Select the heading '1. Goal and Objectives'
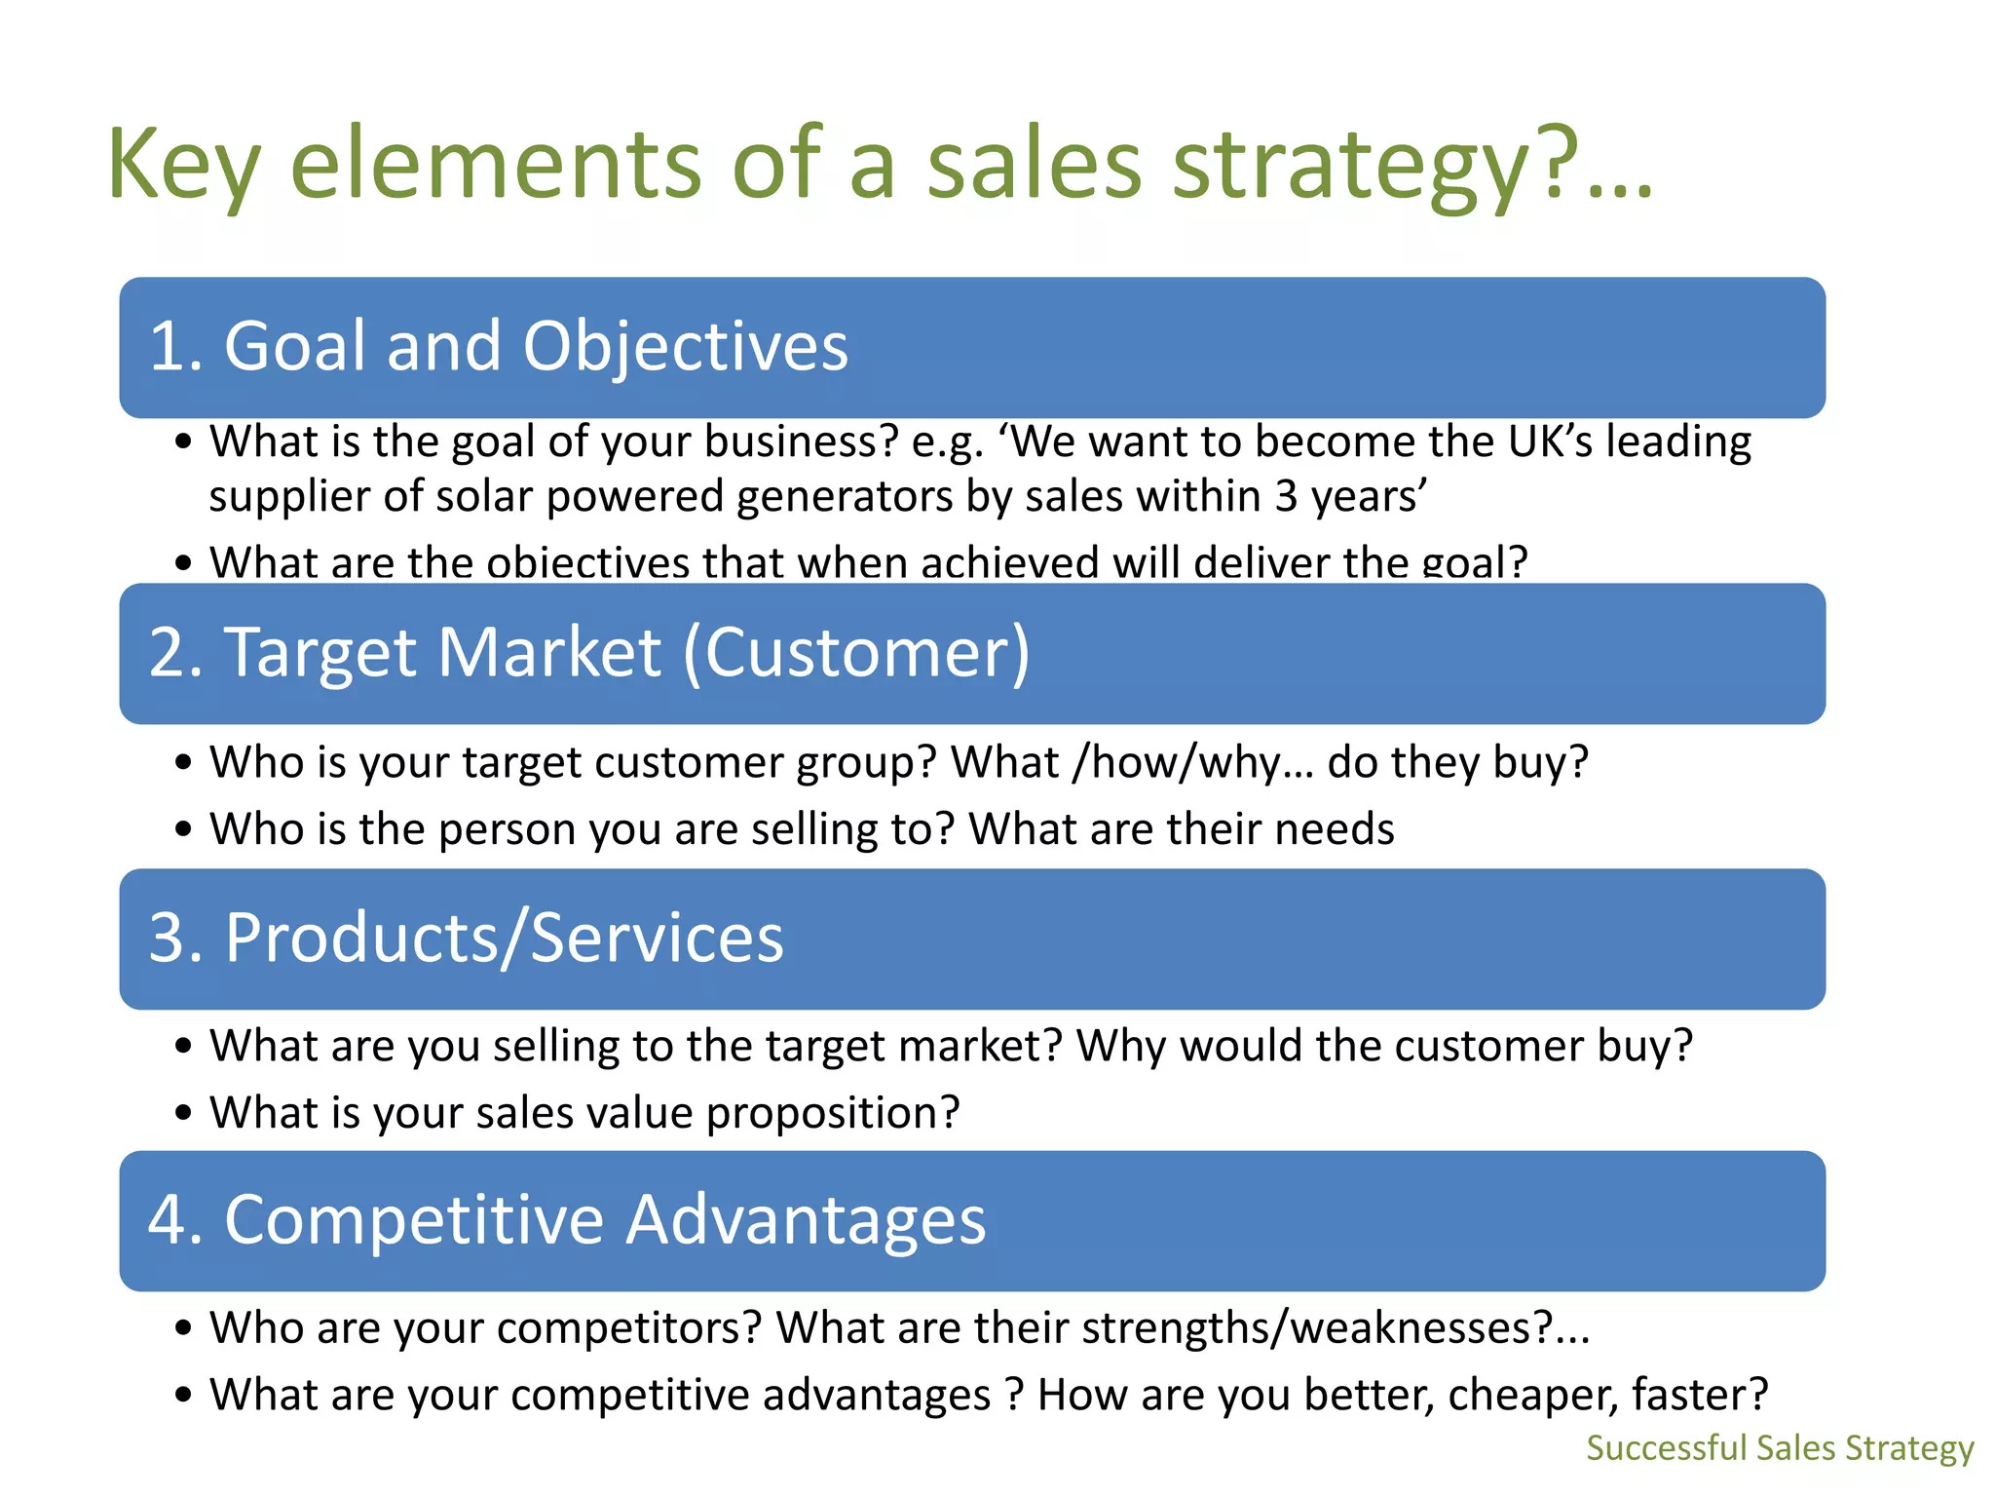point(498,346)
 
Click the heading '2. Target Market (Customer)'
point(588,652)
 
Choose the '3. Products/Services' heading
point(466,938)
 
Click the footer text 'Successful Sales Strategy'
point(1780,1447)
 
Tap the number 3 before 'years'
point(1286,497)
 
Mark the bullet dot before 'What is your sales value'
point(184,1114)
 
